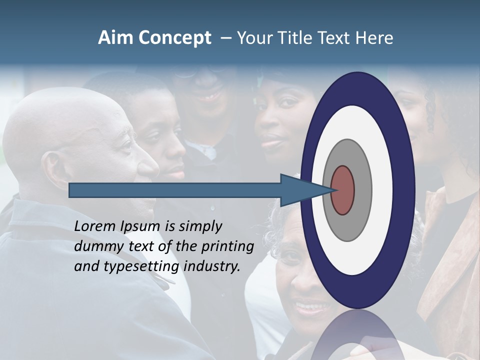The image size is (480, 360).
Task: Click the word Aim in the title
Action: click(115, 38)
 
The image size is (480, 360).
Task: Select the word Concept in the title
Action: click(175, 38)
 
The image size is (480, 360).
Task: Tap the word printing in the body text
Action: click(227, 247)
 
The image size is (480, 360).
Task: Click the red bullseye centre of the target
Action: click(343, 190)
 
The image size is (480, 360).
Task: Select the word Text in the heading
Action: click(336, 38)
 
